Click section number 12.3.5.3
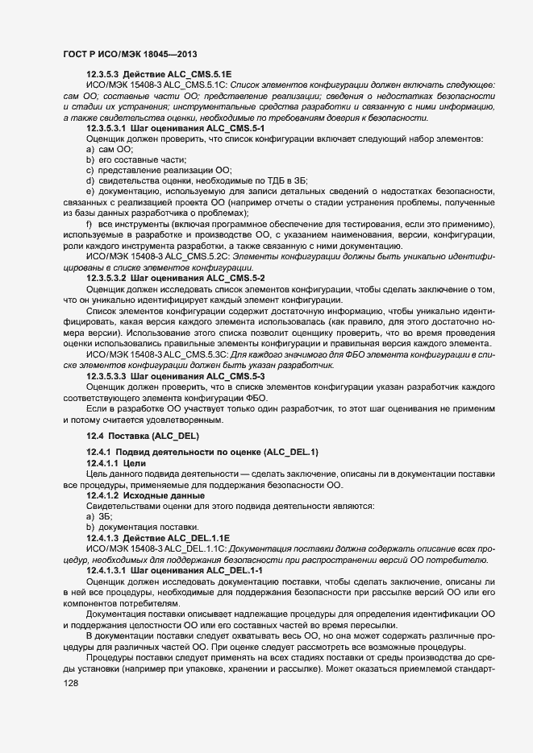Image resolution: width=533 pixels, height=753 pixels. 103,73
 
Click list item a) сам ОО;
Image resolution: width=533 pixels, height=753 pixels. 110,149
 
